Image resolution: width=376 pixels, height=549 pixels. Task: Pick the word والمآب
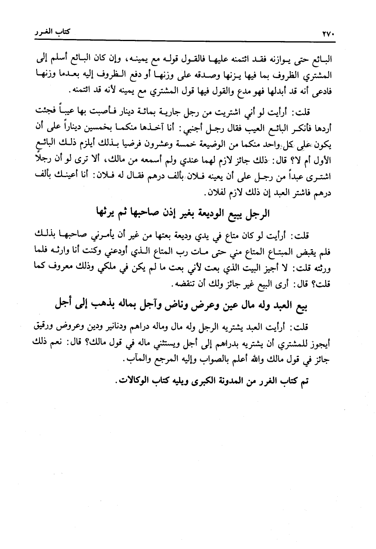click(x=135, y=360)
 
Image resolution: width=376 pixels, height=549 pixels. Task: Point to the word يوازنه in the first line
click(x=284, y=60)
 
